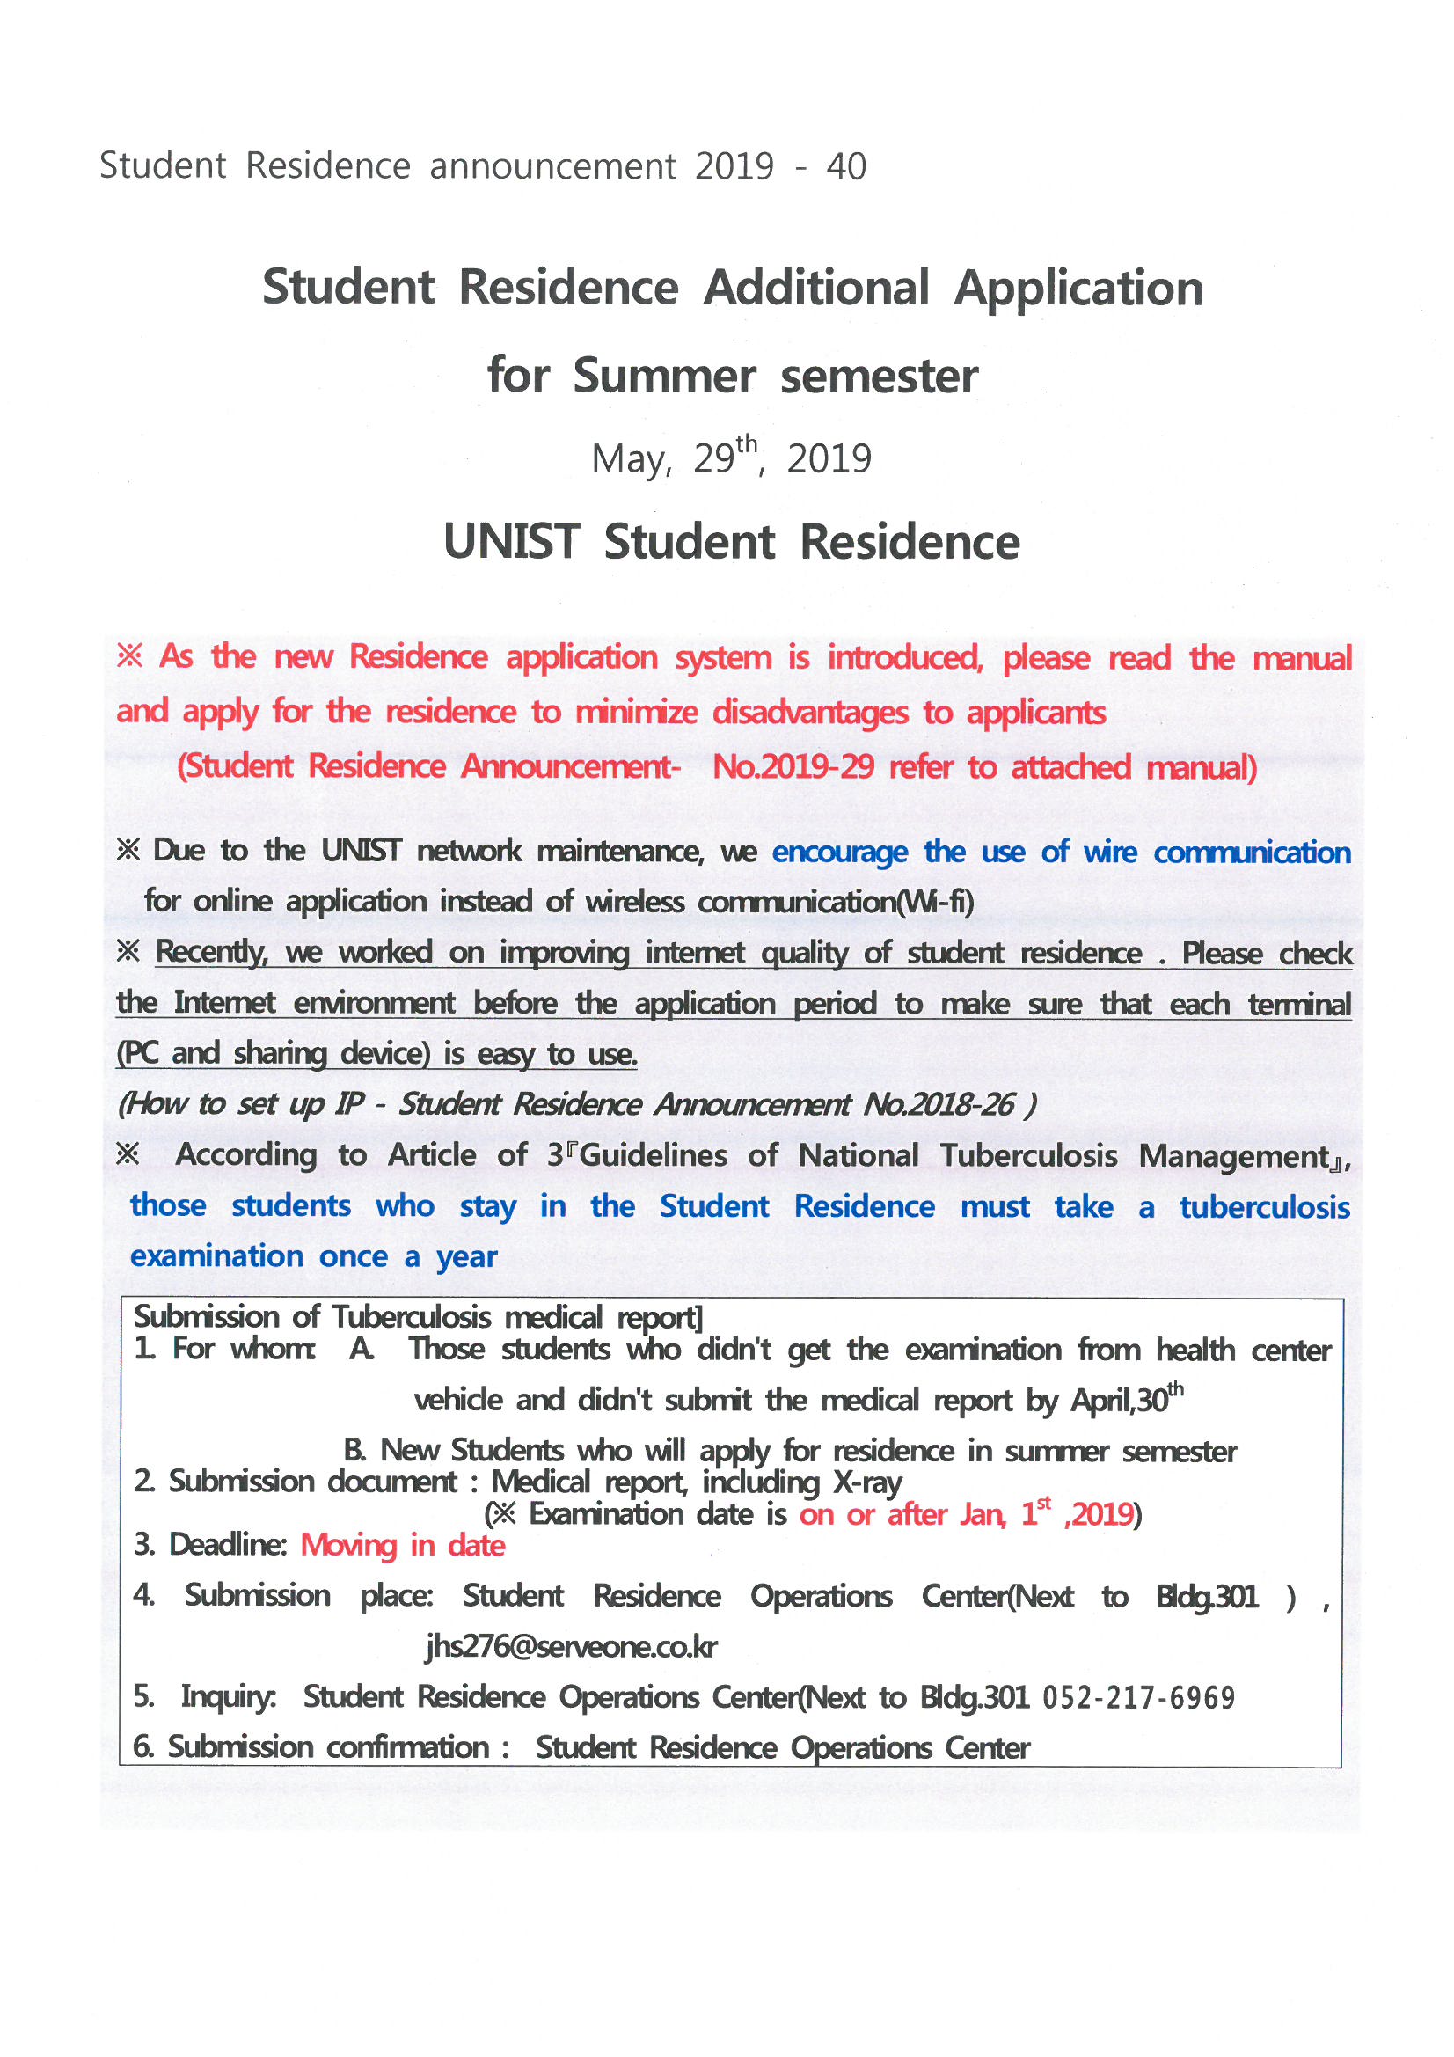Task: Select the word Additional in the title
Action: click(x=815, y=289)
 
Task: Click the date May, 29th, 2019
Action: click(x=730, y=457)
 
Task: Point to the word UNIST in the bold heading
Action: click(x=512, y=542)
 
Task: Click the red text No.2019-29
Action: click(x=792, y=768)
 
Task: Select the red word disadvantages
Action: click(x=810, y=714)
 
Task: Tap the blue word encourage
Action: click(x=839, y=852)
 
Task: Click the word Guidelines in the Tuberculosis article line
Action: click(x=653, y=1156)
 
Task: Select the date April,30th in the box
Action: click(x=1126, y=1400)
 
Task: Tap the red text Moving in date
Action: click(x=402, y=1547)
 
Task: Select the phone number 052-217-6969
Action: click(x=1137, y=1698)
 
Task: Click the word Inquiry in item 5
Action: click(x=229, y=1697)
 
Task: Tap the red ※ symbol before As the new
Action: click(x=130, y=656)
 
